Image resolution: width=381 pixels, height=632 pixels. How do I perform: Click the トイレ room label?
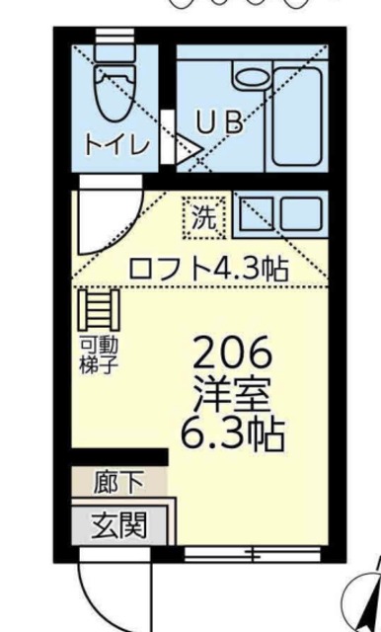[115, 144]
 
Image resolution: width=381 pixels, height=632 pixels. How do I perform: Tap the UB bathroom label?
[218, 122]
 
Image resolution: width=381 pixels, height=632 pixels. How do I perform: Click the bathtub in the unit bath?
[296, 117]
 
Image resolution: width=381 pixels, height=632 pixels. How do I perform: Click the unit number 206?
[231, 352]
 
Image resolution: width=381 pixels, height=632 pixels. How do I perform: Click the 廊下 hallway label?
[118, 483]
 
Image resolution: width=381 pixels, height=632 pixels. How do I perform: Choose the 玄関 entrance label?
[118, 523]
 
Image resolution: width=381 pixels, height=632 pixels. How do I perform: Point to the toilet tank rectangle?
[115, 49]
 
